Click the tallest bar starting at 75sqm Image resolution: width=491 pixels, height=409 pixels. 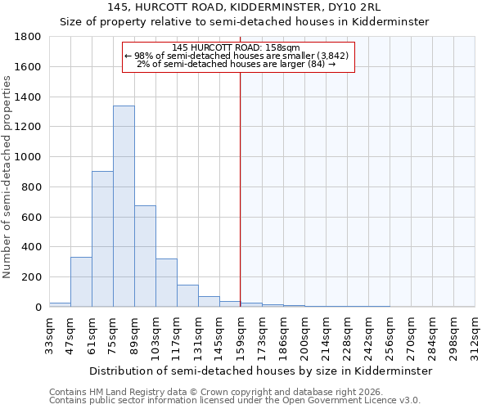(124, 206)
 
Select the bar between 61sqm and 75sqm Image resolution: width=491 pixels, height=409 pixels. (102, 239)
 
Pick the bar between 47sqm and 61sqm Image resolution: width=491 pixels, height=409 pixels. (81, 282)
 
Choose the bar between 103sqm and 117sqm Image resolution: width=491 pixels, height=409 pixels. (166, 283)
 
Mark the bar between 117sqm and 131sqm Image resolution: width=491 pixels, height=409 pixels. (187, 296)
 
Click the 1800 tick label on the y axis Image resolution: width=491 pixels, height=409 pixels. (29, 37)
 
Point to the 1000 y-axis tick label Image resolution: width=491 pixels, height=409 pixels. (29, 157)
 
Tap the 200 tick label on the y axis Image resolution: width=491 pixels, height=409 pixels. (32, 277)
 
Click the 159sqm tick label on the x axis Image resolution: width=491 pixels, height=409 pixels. (241, 333)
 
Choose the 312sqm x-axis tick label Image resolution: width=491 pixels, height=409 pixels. (475, 333)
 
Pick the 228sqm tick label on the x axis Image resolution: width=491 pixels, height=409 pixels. (347, 333)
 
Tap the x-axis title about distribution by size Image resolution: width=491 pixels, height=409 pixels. (260, 371)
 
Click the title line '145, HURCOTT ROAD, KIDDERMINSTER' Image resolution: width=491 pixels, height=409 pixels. (245, 7)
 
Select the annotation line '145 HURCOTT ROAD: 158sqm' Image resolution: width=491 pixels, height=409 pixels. (237, 47)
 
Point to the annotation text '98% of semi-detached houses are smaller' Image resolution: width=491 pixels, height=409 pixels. (237, 56)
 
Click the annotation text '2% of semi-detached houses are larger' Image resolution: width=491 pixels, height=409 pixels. (237, 64)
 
